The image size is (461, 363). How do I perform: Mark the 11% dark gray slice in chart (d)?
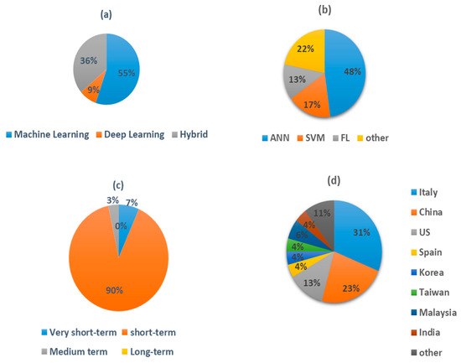click(319, 213)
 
